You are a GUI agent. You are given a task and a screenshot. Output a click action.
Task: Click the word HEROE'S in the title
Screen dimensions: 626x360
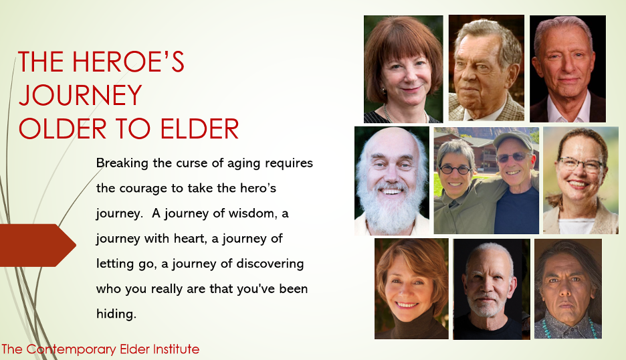(128, 62)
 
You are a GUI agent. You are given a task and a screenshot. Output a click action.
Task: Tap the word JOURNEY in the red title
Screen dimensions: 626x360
(80, 95)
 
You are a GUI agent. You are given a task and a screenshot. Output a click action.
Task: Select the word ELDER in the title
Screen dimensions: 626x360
(199, 128)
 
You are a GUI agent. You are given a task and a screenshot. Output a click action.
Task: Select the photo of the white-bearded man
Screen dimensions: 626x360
(392, 181)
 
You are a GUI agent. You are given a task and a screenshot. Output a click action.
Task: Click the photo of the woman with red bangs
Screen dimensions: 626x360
(403, 69)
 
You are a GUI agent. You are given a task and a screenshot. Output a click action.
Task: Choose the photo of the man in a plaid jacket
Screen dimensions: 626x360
(486, 68)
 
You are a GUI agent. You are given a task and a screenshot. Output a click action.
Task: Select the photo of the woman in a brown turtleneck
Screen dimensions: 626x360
(411, 288)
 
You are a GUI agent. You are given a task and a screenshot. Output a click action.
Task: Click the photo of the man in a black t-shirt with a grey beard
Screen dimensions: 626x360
(492, 289)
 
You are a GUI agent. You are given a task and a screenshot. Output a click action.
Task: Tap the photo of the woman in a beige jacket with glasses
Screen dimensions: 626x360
(581, 180)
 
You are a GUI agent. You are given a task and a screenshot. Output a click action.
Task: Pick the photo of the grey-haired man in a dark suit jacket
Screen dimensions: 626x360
(568, 69)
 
